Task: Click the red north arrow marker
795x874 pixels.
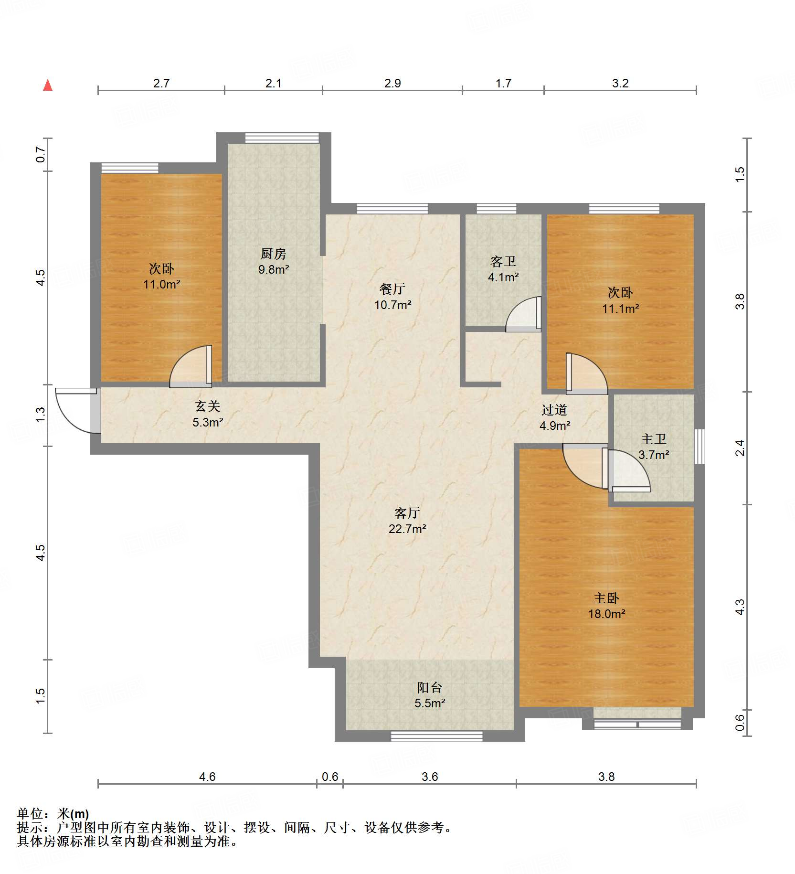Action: (x=48, y=85)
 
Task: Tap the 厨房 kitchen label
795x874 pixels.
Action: (x=273, y=254)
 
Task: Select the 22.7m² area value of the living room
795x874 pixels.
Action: (x=407, y=529)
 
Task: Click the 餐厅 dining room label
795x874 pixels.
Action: (x=392, y=288)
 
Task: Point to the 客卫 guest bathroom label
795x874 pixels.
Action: (x=503, y=261)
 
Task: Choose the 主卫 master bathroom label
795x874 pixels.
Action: (x=654, y=438)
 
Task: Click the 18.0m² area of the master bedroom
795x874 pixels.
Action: (x=606, y=614)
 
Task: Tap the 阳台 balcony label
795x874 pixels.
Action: (x=430, y=687)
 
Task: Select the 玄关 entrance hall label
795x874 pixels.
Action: (x=208, y=406)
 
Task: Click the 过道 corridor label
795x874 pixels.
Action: (x=554, y=409)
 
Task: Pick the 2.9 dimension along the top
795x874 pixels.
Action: (x=392, y=83)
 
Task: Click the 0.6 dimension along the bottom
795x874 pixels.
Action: (x=330, y=777)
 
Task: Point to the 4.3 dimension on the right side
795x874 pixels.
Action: (x=740, y=607)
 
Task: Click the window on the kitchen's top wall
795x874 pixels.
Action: (x=282, y=138)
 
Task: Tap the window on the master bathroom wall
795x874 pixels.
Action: (x=700, y=447)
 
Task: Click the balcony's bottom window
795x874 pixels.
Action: (x=436, y=736)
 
